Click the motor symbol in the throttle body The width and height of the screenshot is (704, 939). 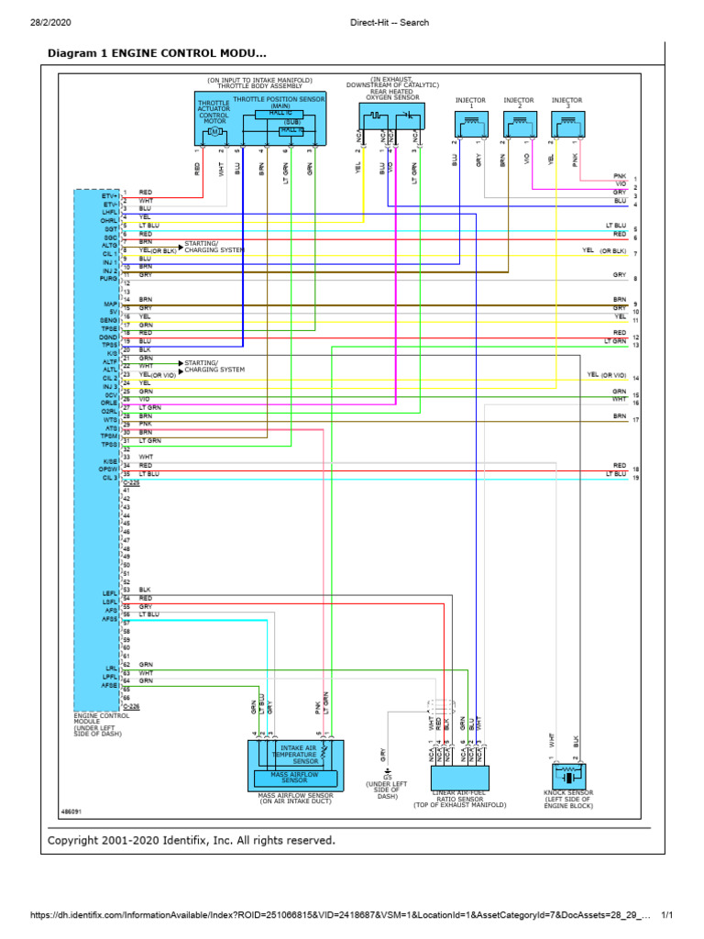(x=214, y=132)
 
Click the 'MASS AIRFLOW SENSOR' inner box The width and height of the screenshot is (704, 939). (x=294, y=779)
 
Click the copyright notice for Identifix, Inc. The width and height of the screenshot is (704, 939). (x=192, y=840)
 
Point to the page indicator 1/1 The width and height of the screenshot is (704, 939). (x=666, y=916)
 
